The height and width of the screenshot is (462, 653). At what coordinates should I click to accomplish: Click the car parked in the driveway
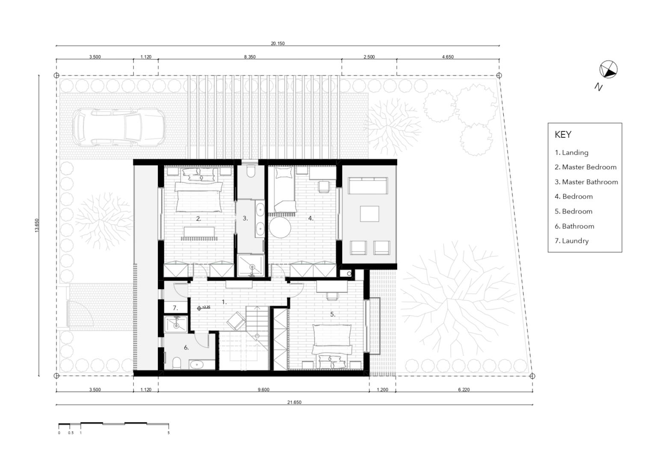(119, 127)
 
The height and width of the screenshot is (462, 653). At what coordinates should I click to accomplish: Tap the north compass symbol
(608, 69)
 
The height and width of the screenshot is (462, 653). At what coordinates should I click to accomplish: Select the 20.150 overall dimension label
(278, 44)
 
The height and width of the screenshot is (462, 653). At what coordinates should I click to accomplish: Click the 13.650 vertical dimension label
(37, 225)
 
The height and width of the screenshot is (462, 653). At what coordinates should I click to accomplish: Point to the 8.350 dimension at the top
(250, 57)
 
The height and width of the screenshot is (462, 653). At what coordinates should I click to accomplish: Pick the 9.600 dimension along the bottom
(263, 390)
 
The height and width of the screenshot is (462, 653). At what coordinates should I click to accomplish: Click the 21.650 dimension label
(294, 402)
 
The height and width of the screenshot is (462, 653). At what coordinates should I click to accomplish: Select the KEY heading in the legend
(563, 134)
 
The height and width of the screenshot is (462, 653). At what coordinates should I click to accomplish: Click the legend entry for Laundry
(571, 241)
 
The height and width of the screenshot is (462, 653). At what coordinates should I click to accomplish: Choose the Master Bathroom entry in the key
(586, 182)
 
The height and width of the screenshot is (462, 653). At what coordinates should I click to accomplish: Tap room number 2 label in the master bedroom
(198, 219)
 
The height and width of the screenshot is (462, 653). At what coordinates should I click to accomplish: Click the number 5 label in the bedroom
(333, 314)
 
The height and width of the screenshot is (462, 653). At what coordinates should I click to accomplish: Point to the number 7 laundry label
(175, 308)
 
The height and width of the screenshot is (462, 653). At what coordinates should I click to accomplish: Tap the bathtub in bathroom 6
(198, 364)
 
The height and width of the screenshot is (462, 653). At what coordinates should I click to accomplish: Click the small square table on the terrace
(369, 214)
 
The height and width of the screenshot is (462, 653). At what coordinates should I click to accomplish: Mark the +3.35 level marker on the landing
(204, 308)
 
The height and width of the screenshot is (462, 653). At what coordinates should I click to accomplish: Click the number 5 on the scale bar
(168, 433)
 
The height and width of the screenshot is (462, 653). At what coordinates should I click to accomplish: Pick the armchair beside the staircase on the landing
(236, 321)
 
